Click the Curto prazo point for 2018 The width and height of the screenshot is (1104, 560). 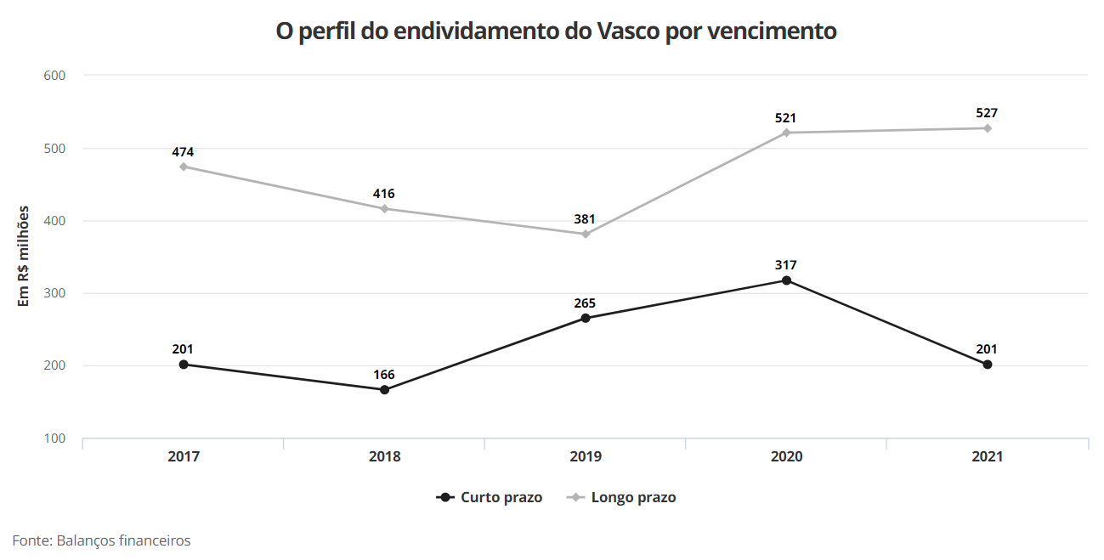[x=384, y=390]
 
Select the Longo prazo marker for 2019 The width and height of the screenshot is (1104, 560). [x=586, y=234]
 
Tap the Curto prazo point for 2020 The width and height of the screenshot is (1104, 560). [x=786, y=280]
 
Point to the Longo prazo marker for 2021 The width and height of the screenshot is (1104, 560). [x=988, y=128]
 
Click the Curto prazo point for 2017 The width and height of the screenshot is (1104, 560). [x=184, y=365]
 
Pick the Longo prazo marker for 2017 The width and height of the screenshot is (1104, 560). [x=184, y=167]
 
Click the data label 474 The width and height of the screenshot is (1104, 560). [x=184, y=152]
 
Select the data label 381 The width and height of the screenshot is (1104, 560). [x=585, y=219]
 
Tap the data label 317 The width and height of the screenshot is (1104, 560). [x=786, y=265]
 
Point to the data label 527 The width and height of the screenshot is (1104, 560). [x=987, y=113]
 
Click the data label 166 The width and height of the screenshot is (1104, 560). [x=384, y=375]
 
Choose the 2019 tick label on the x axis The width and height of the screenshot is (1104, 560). [x=586, y=456]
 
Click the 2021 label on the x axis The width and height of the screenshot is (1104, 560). [x=988, y=456]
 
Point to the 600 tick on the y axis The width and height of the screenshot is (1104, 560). [x=54, y=76]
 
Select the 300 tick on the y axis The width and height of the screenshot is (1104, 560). [x=54, y=293]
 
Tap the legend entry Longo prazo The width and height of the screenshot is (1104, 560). [x=633, y=497]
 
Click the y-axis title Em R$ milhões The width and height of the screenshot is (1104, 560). [x=24, y=256]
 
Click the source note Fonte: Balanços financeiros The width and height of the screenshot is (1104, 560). [x=101, y=540]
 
